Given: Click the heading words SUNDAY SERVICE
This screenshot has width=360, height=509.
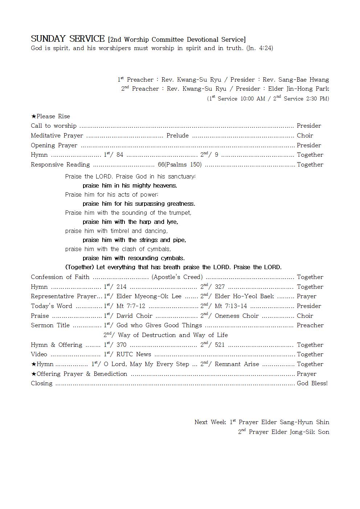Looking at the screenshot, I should click(x=67, y=39).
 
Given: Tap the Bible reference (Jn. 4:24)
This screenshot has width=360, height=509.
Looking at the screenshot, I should click(x=259, y=48).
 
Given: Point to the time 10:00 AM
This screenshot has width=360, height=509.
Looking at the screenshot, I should click(x=253, y=99).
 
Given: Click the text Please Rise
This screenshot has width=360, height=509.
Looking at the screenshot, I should click(x=53, y=116).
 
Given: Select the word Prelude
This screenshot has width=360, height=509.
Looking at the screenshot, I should click(x=177, y=136).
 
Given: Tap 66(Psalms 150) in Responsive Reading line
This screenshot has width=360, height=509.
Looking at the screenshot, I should click(x=180, y=165).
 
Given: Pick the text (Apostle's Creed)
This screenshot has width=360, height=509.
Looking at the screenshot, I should click(x=177, y=277).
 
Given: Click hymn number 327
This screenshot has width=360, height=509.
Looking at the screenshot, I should click(x=220, y=287).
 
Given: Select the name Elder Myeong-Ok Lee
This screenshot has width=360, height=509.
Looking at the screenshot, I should click(x=149, y=296).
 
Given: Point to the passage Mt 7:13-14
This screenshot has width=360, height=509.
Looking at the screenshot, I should click(x=231, y=306).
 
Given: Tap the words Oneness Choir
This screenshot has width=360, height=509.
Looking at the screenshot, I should click(x=237, y=316).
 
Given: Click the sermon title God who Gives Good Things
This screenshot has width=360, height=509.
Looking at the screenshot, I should click(x=159, y=325).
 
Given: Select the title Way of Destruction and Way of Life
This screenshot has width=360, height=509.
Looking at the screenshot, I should click(x=173, y=335).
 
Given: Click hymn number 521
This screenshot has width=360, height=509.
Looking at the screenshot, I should click(x=220, y=345).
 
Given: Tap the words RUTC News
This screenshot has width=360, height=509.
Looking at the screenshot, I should click(x=134, y=354).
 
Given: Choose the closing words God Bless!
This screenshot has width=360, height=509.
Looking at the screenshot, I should click(x=312, y=383).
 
